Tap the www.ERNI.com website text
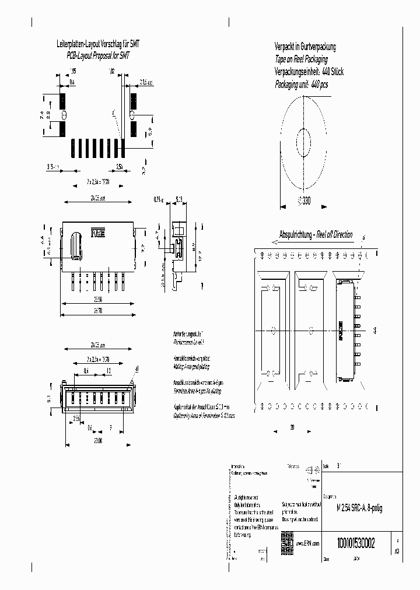pyautogui.click(x=308, y=543)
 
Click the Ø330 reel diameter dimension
pyautogui.click(x=304, y=201)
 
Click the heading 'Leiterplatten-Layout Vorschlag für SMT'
pyautogui.click(x=97, y=44)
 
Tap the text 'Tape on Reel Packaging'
pyautogui.click(x=301, y=59)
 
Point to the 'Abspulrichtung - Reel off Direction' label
pyautogui.click(x=316, y=234)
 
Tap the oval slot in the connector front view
pyautogui.click(x=75, y=245)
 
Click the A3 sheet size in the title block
pyautogui.click(x=397, y=550)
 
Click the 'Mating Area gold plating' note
pyautogui.click(x=191, y=363)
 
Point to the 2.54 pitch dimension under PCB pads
pyautogui.click(x=119, y=167)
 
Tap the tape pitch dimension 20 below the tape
pyautogui.click(x=292, y=427)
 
